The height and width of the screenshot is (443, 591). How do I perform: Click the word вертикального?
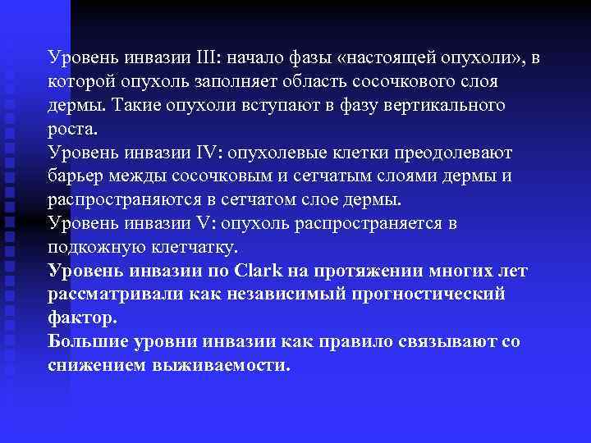(448, 106)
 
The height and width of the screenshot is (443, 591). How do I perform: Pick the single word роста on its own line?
(71, 130)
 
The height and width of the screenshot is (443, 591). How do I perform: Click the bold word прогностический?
(429, 294)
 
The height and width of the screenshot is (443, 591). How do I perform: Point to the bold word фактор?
(83, 317)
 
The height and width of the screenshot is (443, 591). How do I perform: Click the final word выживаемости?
(222, 364)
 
